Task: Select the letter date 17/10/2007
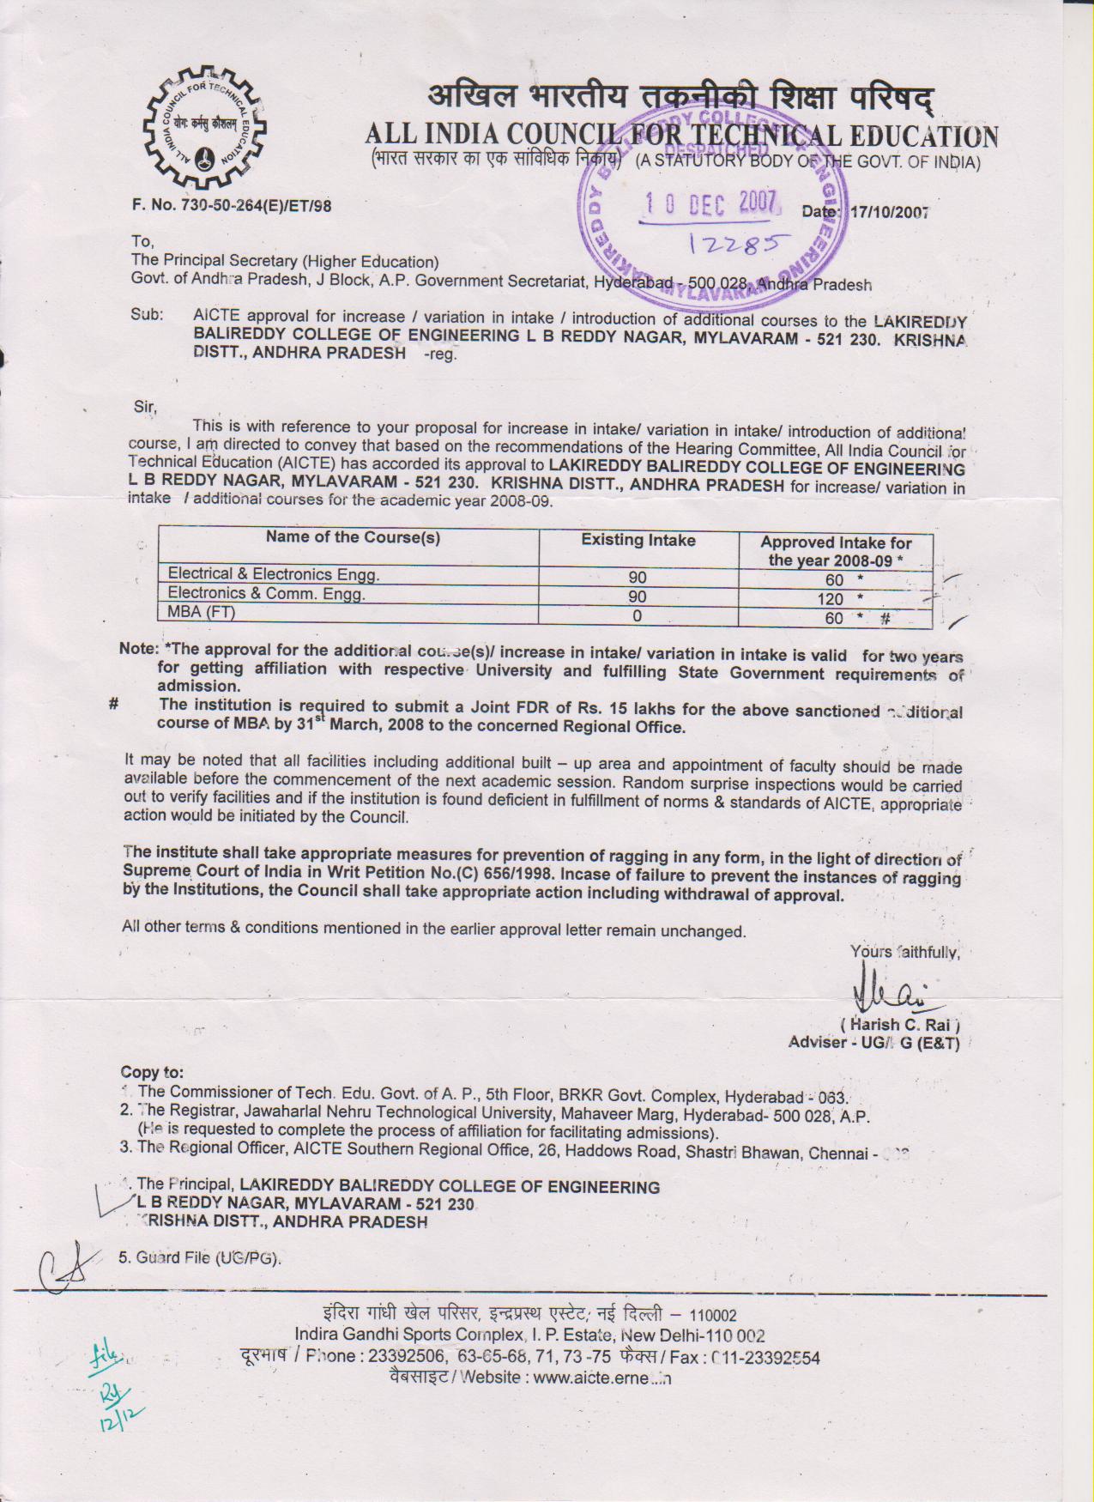(x=889, y=212)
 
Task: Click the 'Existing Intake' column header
(x=638, y=540)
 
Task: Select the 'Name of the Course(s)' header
(x=352, y=537)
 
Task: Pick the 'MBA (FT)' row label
(x=202, y=612)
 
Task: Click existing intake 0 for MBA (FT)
(x=637, y=615)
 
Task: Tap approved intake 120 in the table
(x=831, y=599)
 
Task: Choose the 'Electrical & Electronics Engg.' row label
(x=273, y=573)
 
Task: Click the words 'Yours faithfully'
(x=904, y=952)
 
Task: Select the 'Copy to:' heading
(x=152, y=1072)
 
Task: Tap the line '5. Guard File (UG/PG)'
(x=200, y=1258)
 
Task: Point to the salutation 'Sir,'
(x=145, y=407)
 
